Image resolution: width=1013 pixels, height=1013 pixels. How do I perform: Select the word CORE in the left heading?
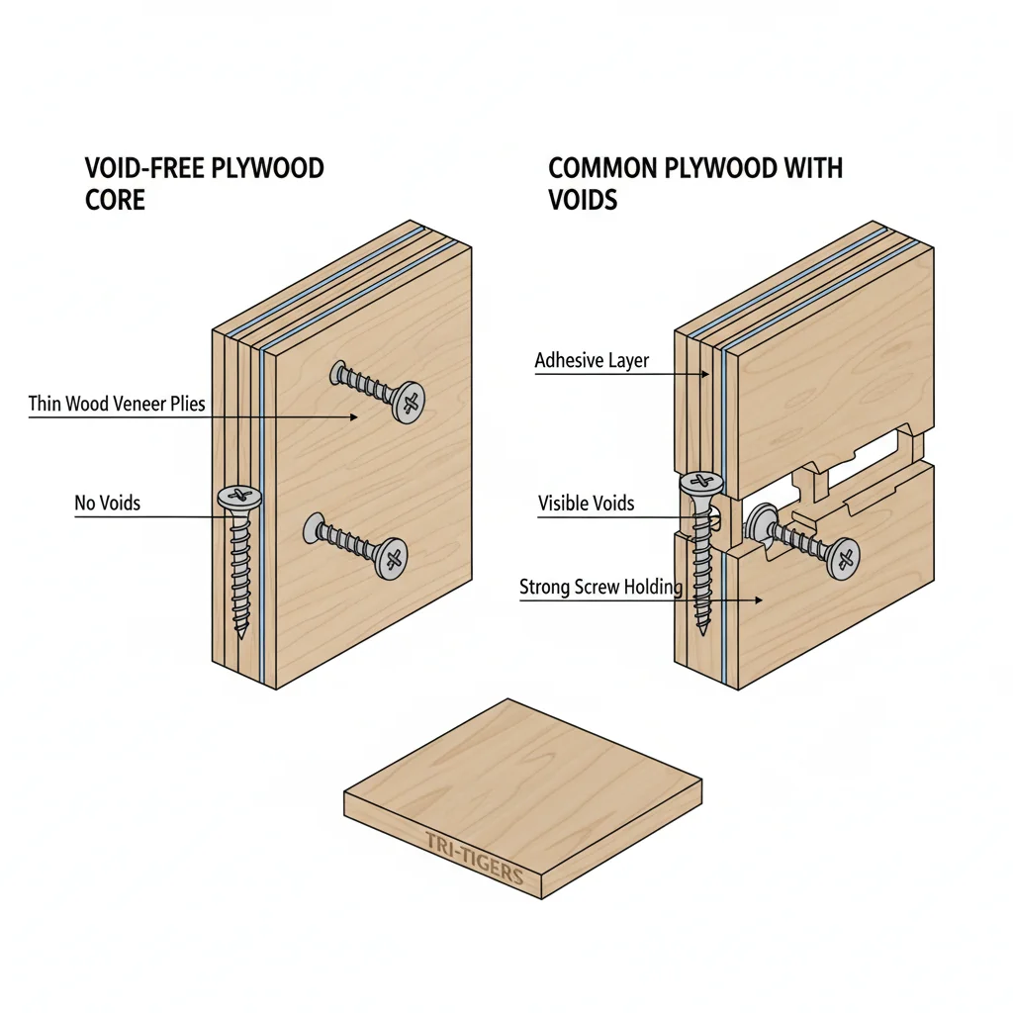pyautogui.click(x=116, y=200)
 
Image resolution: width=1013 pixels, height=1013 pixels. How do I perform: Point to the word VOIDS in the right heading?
pyautogui.click(x=583, y=200)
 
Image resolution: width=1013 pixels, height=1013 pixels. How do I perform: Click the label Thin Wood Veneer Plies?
pyautogui.click(x=117, y=404)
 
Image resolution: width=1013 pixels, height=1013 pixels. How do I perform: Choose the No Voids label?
pyautogui.click(x=108, y=503)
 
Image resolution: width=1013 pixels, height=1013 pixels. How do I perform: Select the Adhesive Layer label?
pyautogui.click(x=592, y=360)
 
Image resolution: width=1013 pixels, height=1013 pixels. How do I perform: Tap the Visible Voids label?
pyautogui.click(x=586, y=504)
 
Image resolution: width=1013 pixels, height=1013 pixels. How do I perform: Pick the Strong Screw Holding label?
pyautogui.click(x=600, y=588)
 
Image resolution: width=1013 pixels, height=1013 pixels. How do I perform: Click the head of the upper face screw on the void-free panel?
pyautogui.click(x=408, y=402)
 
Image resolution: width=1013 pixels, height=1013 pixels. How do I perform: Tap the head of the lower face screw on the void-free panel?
pyautogui.click(x=393, y=559)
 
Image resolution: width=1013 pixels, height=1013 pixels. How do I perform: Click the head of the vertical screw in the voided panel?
pyautogui.click(x=701, y=484)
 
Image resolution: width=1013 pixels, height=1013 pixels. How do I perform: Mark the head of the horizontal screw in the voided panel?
pyautogui.click(x=843, y=558)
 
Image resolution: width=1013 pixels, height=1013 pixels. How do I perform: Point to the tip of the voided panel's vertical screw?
pyautogui.click(x=703, y=631)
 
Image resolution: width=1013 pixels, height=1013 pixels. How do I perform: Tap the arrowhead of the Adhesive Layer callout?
pyautogui.click(x=708, y=375)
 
